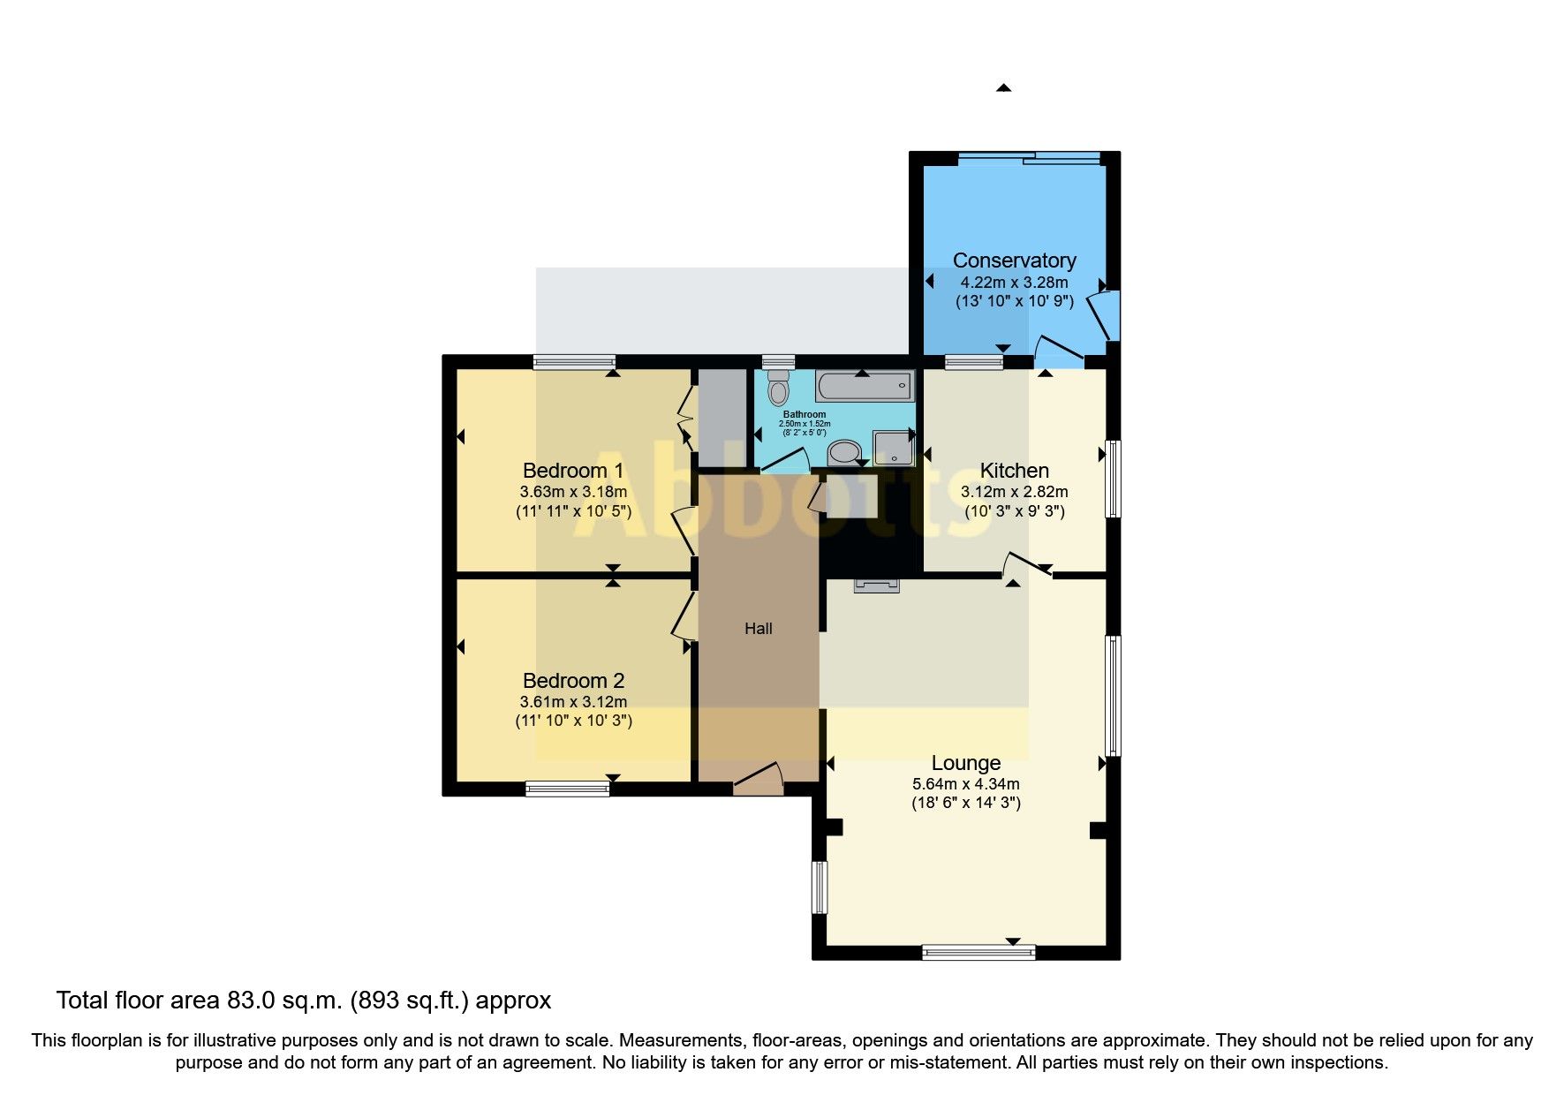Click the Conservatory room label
pyautogui.click(x=1014, y=261)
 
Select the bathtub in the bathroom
pyautogui.click(x=864, y=387)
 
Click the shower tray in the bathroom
pyautogui.click(x=893, y=448)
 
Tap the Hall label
pyautogui.click(x=758, y=629)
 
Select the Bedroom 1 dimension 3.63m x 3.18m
pyautogui.click(x=573, y=492)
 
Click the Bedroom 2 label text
pyautogui.click(x=573, y=681)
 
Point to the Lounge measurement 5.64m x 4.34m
pyautogui.click(x=965, y=784)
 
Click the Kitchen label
pyautogui.click(x=1014, y=471)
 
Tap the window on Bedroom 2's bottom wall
pyautogui.click(x=567, y=789)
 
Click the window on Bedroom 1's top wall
pyautogui.click(x=574, y=361)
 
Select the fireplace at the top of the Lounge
pyautogui.click(x=876, y=585)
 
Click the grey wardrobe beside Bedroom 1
pyautogui.click(x=722, y=417)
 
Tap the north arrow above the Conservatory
pyautogui.click(x=1003, y=87)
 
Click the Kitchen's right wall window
pyautogui.click(x=1114, y=478)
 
